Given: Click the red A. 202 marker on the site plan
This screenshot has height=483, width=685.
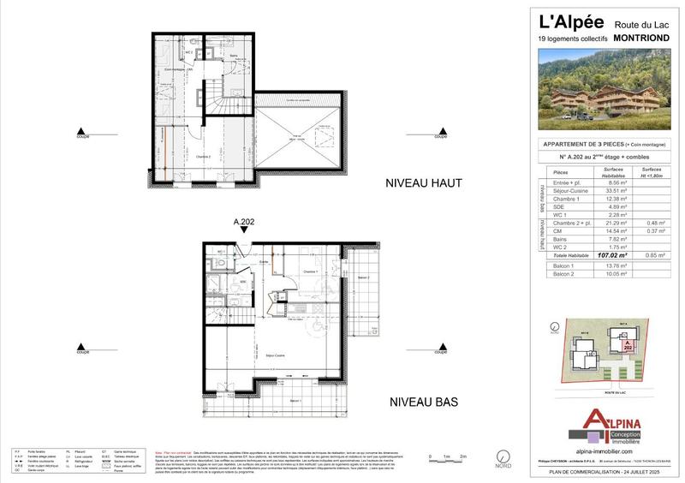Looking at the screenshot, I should pos(628,346).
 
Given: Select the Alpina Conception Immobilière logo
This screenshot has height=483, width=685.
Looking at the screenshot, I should pos(610,423).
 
